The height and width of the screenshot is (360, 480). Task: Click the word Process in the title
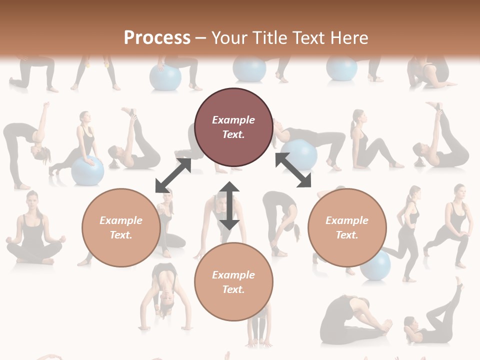click(x=157, y=38)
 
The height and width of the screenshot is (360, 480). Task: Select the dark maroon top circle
click(x=233, y=127)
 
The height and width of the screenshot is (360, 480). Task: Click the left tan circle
click(x=121, y=227)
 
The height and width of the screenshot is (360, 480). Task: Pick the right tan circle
click(x=347, y=227)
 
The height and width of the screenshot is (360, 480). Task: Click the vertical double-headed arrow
click(x=229, y=205)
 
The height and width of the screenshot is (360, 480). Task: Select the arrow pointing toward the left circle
click(x=173, y=175)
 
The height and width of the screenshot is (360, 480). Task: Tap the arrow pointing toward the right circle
click(x=293, y=170)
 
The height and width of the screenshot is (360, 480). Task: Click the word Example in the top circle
click(x=233, y=120)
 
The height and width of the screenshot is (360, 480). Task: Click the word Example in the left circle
click(x=121, y=220)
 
